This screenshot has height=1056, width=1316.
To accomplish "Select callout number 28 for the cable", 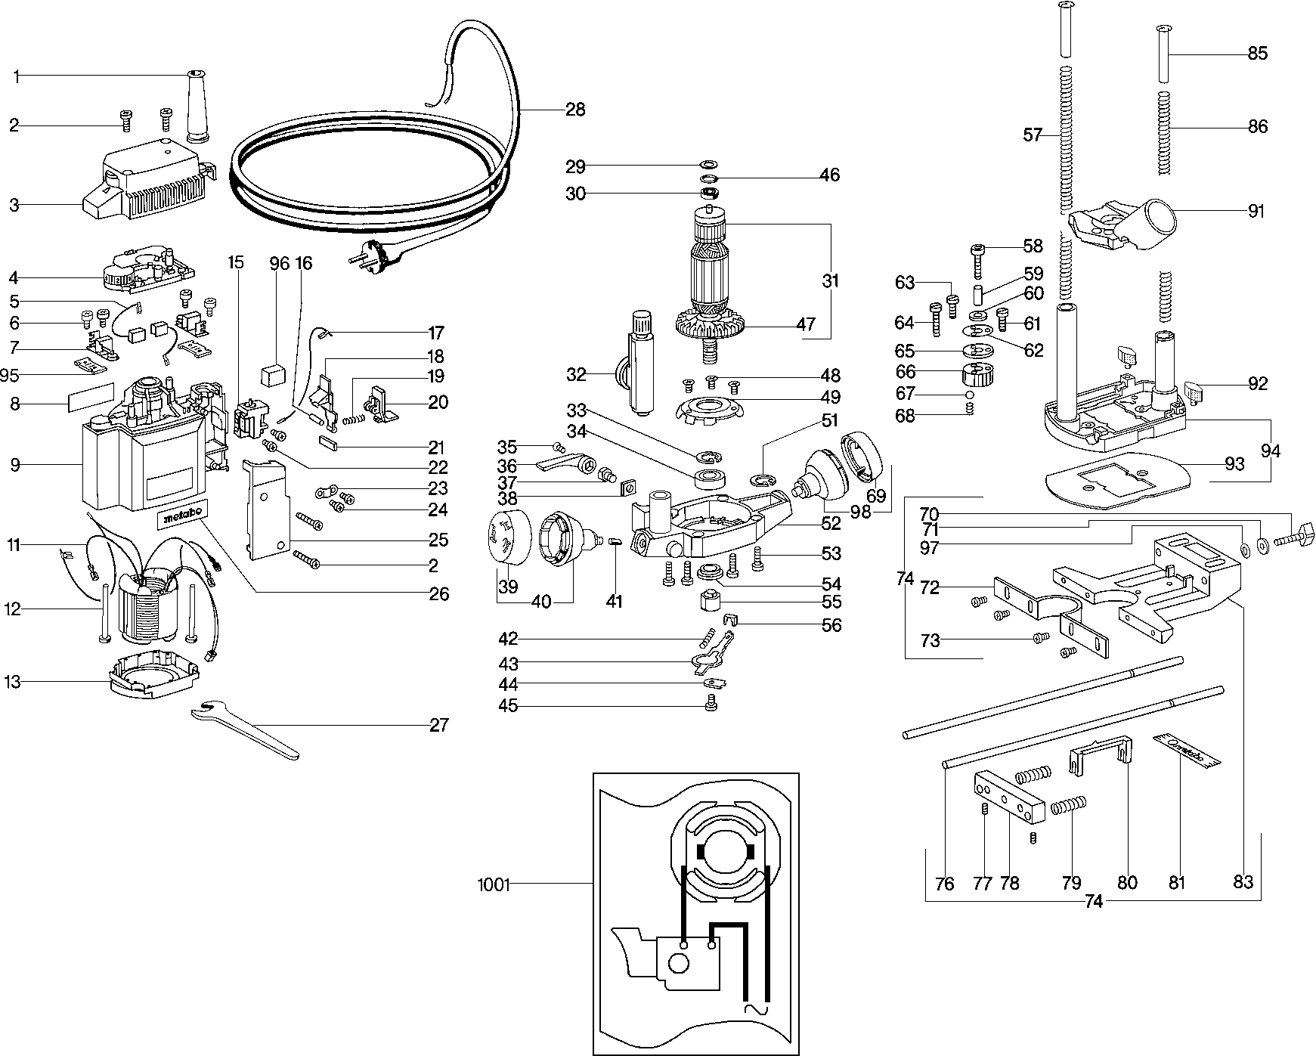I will click(575, 110).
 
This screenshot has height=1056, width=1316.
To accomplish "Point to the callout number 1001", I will click(494, 884).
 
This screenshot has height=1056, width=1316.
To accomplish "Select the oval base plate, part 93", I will click(1116, 478).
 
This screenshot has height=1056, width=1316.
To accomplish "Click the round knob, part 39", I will click(507, 537).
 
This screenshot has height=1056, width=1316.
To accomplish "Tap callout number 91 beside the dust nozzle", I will click(1256, 212).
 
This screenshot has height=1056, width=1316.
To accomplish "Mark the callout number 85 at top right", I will click(1258, 54).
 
